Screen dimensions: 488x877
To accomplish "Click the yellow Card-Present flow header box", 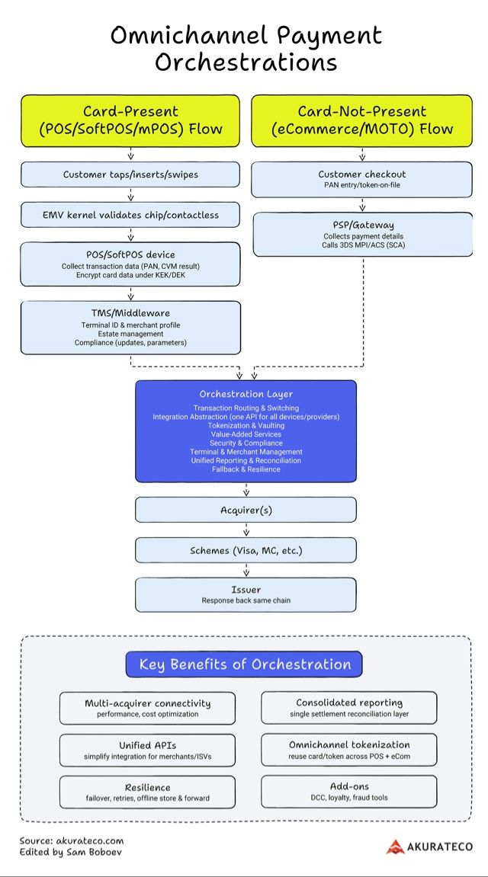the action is tap(130, 121).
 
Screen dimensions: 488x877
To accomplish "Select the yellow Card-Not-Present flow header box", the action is tap(361, 121).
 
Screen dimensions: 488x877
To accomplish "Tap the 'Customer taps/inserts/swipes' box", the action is tap(130, 174).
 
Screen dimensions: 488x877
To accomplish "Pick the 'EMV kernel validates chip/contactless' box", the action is tap(130, 215).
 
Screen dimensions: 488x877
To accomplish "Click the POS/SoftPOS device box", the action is tap(130, 264).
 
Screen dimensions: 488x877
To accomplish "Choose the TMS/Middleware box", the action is tap(130, 328).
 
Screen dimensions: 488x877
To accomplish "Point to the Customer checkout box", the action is tap(361, 180).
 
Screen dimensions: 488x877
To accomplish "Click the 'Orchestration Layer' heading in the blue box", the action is tap(246, 395).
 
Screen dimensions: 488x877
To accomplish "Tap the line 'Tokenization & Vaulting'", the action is tap(246, 426).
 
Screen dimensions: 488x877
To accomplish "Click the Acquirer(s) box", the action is tap(246, 510).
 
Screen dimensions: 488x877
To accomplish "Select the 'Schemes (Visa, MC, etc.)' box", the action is tap(246, 550).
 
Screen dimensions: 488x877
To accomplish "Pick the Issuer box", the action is tap(246, 594).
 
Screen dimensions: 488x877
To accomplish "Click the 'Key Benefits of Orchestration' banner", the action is tap(244, 664).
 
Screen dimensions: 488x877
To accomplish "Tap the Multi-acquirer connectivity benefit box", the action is tap(147, 708).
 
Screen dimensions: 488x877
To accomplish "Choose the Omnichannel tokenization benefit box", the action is tap(349, 750).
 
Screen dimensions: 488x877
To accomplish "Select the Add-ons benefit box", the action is tap(349, 792).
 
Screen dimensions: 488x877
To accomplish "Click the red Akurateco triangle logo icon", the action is tap(395, 847).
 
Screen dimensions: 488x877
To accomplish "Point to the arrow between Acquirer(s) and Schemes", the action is tap(246, 530).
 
